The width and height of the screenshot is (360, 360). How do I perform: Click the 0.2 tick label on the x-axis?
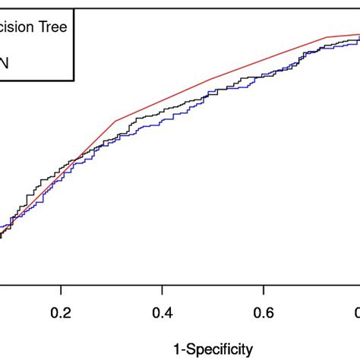[61, 313]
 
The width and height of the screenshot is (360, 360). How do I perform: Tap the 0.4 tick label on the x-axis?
[162, 313]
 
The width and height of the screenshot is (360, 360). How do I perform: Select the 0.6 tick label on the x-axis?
[263, 313]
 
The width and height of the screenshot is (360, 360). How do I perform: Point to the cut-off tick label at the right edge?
[356, 313]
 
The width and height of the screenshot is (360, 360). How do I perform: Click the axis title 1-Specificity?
[212, 349]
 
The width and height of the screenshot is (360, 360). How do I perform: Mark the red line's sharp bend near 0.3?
[115, 121]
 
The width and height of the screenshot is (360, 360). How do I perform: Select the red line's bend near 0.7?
[327, 36]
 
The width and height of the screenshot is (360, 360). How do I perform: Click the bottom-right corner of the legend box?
[74, 80]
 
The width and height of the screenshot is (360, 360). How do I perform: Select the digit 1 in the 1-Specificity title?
[177, 349]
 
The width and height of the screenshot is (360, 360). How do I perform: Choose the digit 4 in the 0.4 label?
[167, 313]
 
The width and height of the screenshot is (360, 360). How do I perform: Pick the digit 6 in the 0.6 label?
[268, 313]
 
